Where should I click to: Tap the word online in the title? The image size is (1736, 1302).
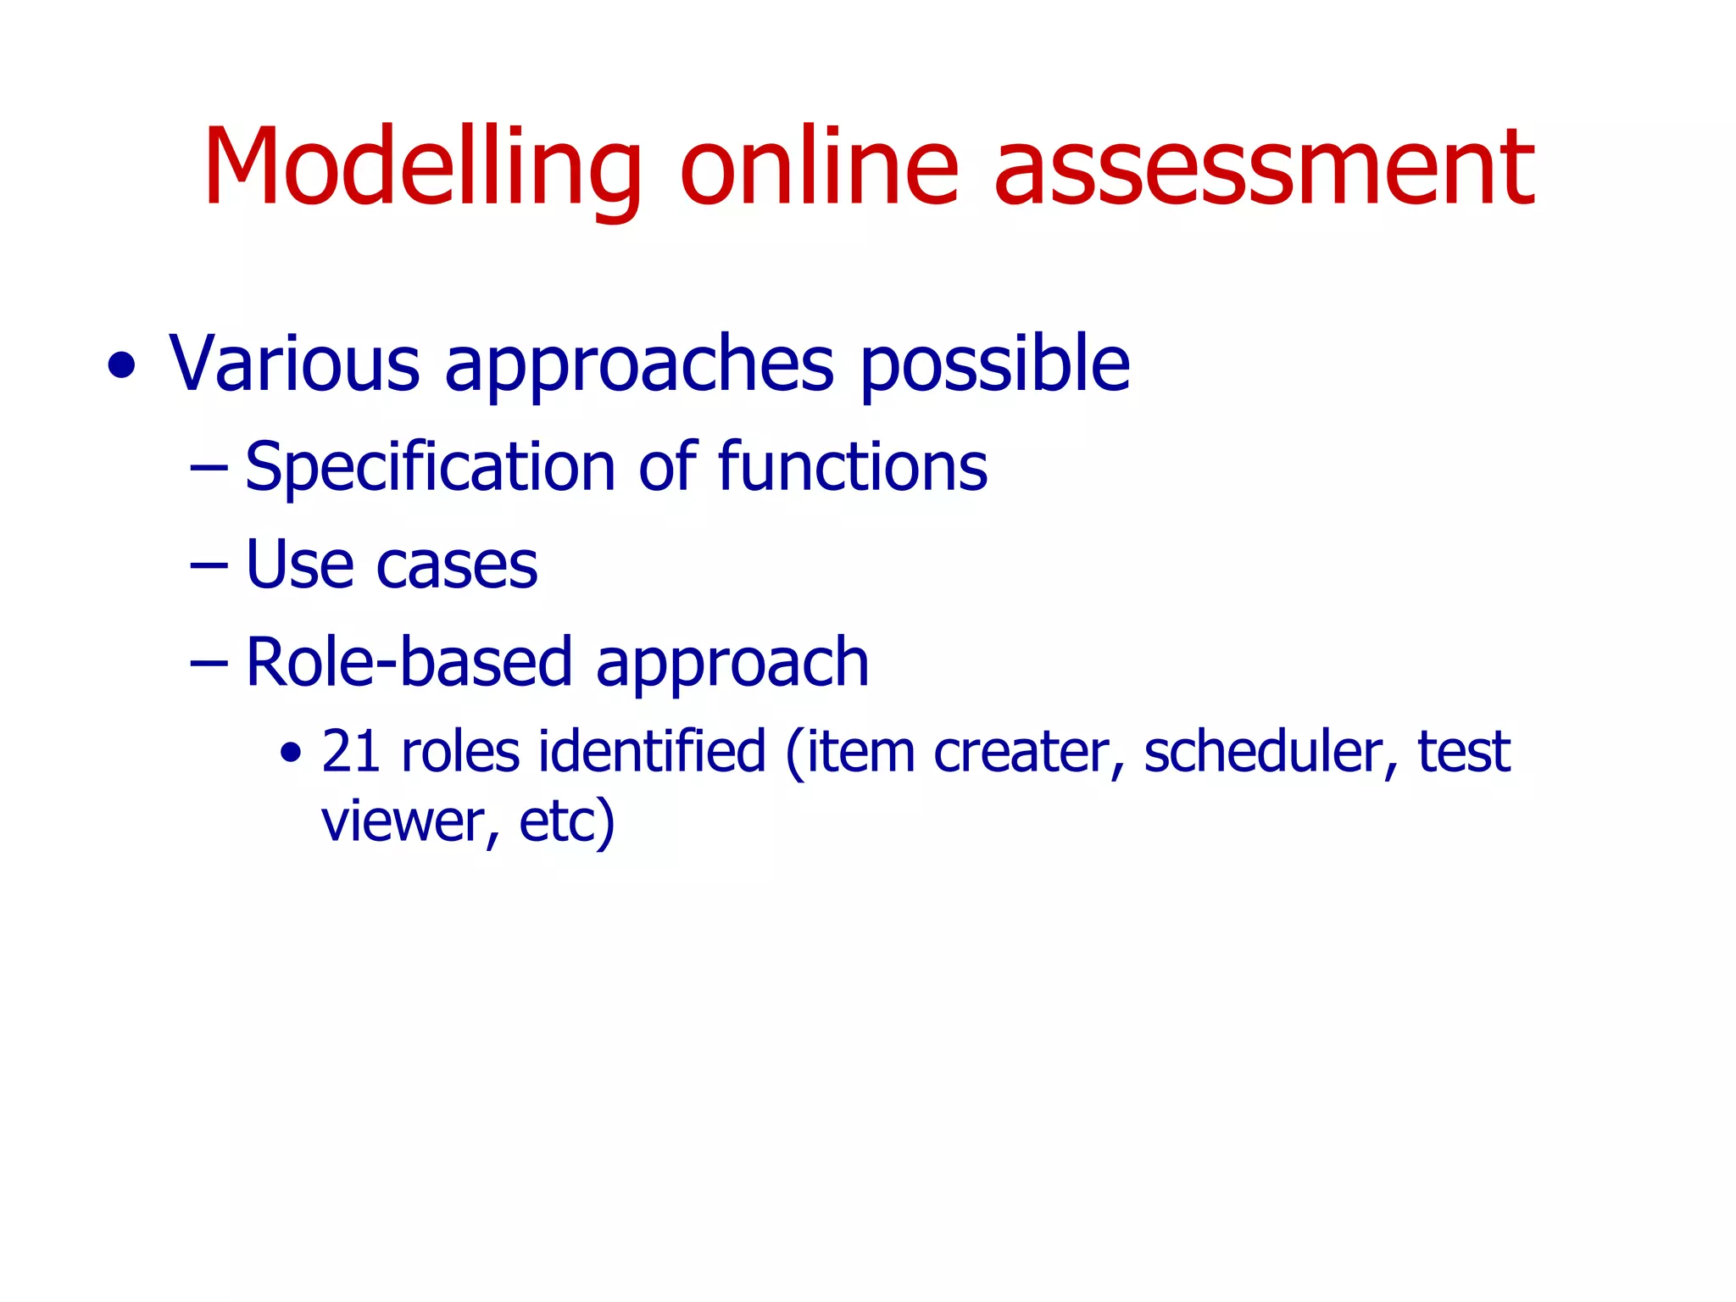pyautogui.click(x=818, y=167)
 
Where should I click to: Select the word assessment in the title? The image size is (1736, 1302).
pyautogui.click(x=1263, y=167)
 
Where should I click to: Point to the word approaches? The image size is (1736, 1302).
pyautogui.click(x=639, y=365)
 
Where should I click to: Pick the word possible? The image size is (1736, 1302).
pyautogui.click(x=994, y=365)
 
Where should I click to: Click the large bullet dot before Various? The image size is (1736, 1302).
pyautogui.click(x=122, y=366)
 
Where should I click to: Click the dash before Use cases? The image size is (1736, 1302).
pyautogui.click(x=209, y=564)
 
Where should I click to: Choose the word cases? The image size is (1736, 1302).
pyautogui.click(x=457, y=565)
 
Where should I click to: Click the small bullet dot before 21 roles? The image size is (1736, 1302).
pyautogui.click(x=291, y=752)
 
